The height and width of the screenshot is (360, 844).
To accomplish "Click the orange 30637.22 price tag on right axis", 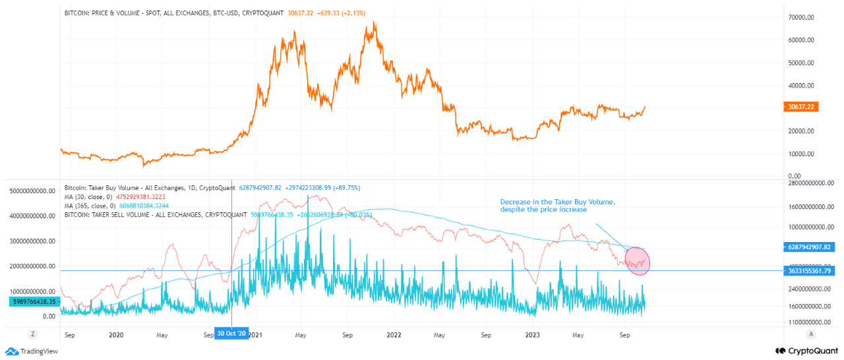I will click(800, 107).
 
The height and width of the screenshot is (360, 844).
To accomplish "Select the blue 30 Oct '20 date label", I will click(231, 334).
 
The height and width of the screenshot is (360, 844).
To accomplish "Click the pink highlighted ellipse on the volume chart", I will click(636, 261).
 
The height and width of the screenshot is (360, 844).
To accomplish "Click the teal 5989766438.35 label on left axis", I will click(33, 301).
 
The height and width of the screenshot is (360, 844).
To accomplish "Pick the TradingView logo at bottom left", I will click(32, 351).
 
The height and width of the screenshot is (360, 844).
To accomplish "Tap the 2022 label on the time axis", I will click(393, 334).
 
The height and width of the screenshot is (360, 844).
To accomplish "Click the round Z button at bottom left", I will click(32, 334).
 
